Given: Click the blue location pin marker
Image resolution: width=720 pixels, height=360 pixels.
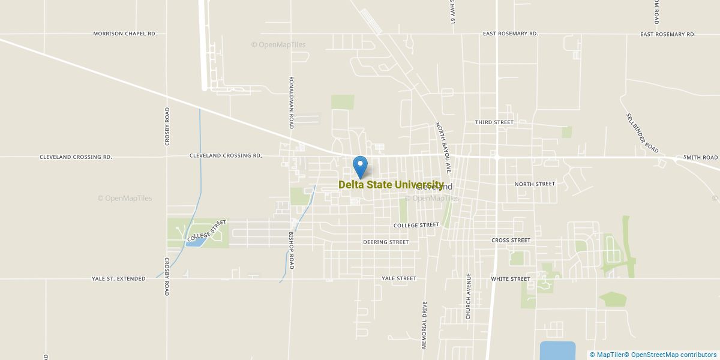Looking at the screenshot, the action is point(360,166).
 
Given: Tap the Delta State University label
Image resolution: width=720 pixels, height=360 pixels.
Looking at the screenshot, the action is point(391,185).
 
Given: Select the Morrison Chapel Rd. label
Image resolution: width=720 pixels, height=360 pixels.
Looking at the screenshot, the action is point(125,34).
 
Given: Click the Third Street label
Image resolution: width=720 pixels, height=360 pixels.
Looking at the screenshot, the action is point(494,122).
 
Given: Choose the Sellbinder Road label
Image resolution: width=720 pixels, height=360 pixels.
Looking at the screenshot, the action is point(643,133).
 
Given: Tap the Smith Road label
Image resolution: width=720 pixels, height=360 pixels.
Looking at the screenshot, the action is point(701,158).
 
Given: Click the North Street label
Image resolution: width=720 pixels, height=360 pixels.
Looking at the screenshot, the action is point(535,184).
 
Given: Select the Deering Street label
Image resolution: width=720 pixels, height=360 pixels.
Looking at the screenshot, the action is point(386,242).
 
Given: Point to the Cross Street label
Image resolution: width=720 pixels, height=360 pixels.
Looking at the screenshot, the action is point(511,240).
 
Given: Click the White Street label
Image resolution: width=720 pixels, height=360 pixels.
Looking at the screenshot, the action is point(511,279).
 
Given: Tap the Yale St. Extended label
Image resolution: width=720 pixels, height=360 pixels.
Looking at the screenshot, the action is point(119,279).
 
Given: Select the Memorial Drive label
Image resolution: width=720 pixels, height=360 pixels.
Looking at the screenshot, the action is point(424,325).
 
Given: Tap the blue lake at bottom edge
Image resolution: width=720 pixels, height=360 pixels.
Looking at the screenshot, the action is point(557,350).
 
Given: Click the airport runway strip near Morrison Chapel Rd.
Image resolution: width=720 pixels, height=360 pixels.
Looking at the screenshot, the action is point(203,45).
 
